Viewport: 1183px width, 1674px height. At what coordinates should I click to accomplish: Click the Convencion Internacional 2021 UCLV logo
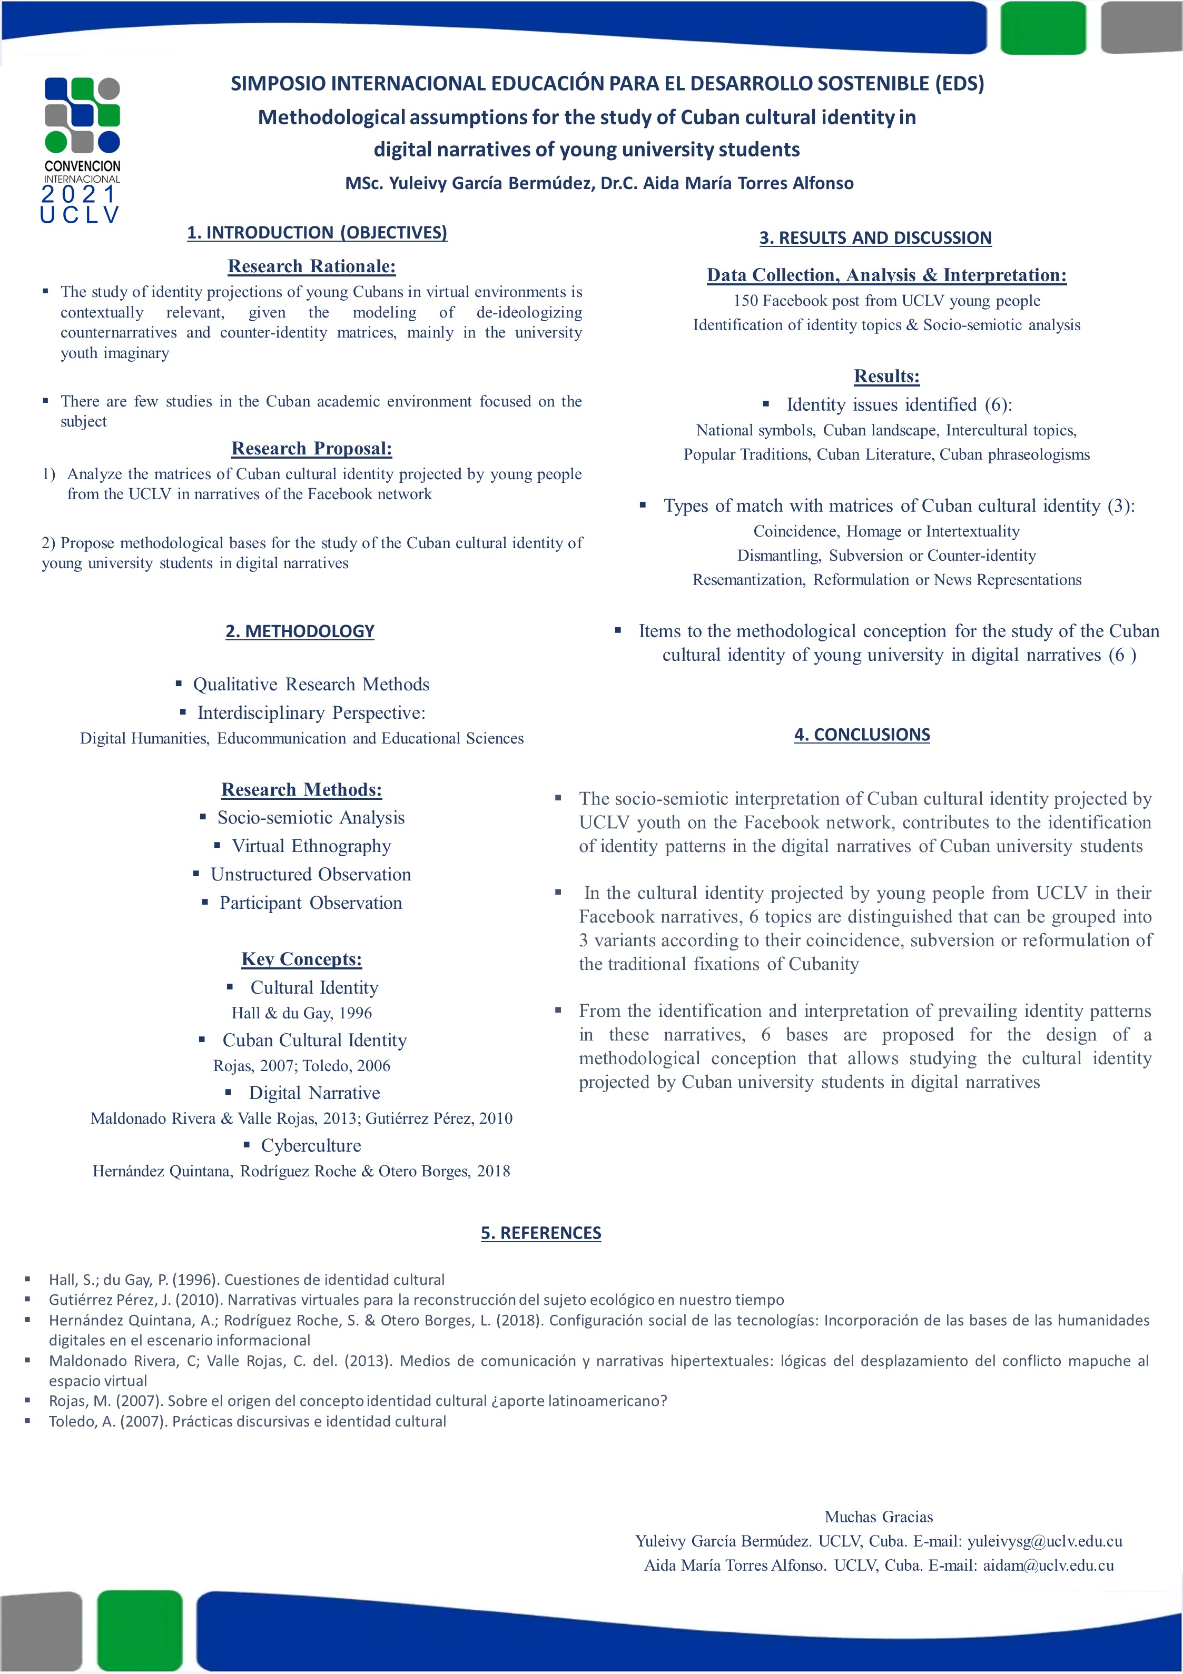click(x=82, y=150)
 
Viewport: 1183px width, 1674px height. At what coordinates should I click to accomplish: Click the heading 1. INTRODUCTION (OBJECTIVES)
click(x=317, y=233)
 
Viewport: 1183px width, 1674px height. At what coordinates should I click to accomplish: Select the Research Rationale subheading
click(x=311, y=266)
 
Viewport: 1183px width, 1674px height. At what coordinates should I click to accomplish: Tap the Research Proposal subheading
click(x=311, y=449)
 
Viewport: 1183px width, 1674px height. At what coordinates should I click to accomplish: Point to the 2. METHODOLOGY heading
click(x=300, y=631)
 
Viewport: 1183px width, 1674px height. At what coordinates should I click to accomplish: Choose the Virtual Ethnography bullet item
click(x=311, y=846)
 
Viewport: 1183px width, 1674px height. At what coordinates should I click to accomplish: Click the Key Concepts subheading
click(x=301, y=959)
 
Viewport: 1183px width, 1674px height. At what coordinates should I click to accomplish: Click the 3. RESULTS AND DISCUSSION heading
click(x=875, y=237)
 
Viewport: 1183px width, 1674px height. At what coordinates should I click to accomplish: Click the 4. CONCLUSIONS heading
click(x=862, y=735)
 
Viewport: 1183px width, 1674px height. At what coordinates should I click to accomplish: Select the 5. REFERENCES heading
click(x=540, y=1233)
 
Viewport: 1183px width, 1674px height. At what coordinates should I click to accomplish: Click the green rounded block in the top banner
click(x=1043, y=28)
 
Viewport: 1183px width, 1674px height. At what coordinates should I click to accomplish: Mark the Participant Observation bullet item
click(x=311, y=903)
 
